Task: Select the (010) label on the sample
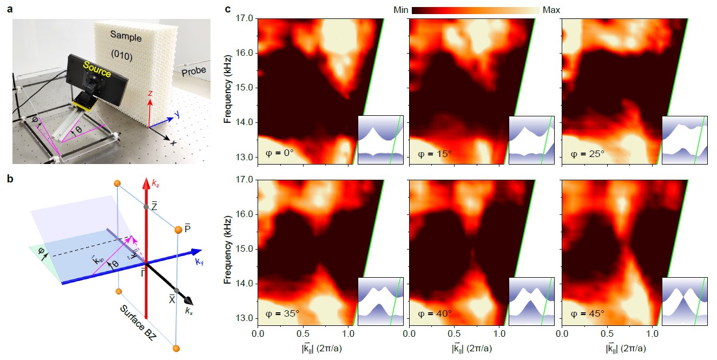pos(122,55)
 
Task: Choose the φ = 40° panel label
pos(432,314)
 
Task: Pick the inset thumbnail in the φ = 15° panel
pos(531,139)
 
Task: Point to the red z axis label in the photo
pos(150,94)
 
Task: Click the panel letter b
pos(9,179)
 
